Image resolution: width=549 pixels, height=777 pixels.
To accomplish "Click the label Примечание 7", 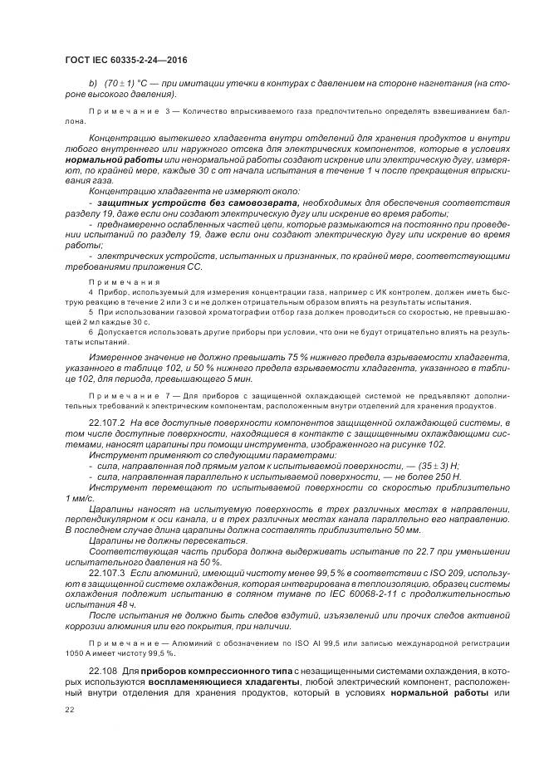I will [129, 397].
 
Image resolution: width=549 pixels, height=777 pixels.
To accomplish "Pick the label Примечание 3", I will [129, 110].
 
